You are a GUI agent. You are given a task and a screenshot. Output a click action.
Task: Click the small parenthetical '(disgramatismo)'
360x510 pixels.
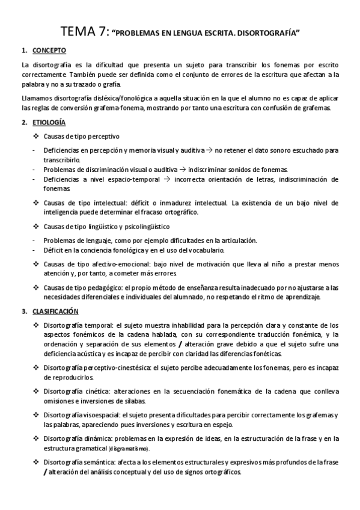[130, 449]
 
